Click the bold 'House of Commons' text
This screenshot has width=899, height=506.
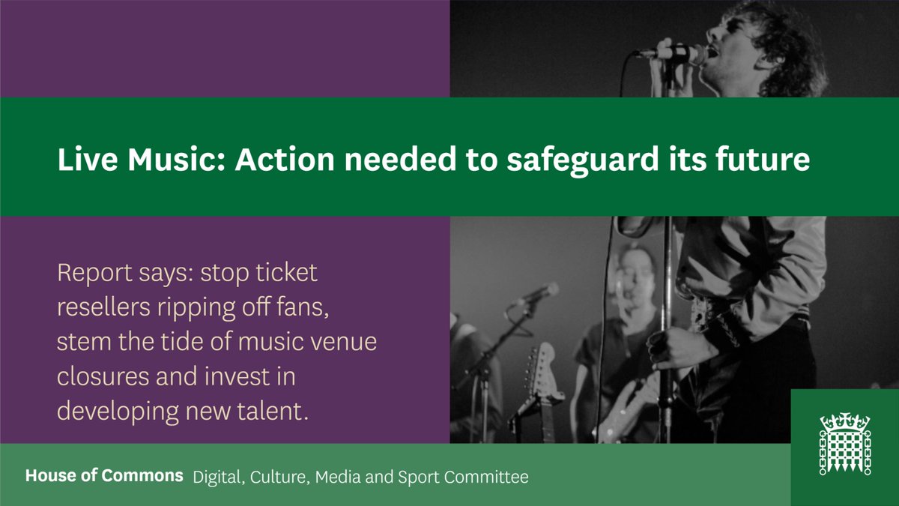pos(104,476)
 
